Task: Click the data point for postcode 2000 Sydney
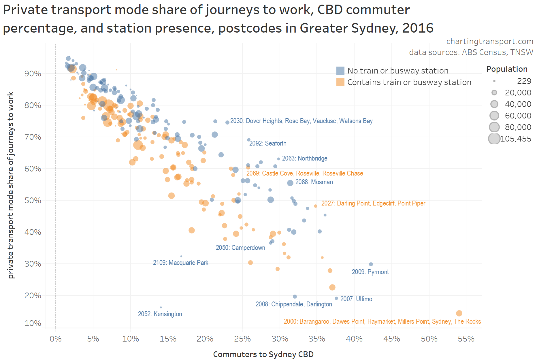pos(459,313)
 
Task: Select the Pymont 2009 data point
pos(371,264)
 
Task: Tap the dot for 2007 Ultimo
pos(336,298)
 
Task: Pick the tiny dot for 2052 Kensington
pos(161,307)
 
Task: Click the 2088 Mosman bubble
pos(290,183)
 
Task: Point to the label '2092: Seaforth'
pos(267,143)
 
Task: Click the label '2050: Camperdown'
pos(240,248)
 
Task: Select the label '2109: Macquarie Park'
pos(180,263)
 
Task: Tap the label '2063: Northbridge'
pos(304,158)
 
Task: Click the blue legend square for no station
pos(340,71)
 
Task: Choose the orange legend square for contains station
pos(340,82)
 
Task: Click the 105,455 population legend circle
pos(494,139)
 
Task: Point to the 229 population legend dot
pos(494,81)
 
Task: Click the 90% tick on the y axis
pos(33,73)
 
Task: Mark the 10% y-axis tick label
pos(33,323)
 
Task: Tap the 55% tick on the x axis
pos(466,339)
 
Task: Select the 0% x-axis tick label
pos(56,339)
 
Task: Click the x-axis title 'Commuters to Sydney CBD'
pos(263,354)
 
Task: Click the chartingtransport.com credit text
pos(489,42)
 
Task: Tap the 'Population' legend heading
pos(507,69)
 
